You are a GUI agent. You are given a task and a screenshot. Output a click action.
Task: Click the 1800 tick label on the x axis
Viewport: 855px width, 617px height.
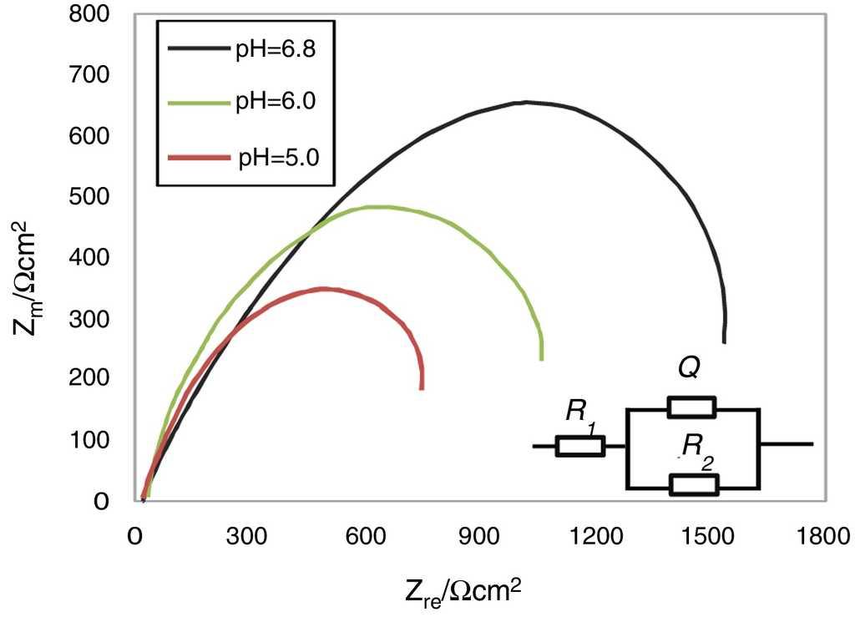click(819, 536)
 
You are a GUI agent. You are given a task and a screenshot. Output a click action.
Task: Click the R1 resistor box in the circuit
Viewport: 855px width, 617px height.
click(580, 446)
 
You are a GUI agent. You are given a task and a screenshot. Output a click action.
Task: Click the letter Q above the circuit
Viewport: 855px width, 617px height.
click(688, 370)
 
